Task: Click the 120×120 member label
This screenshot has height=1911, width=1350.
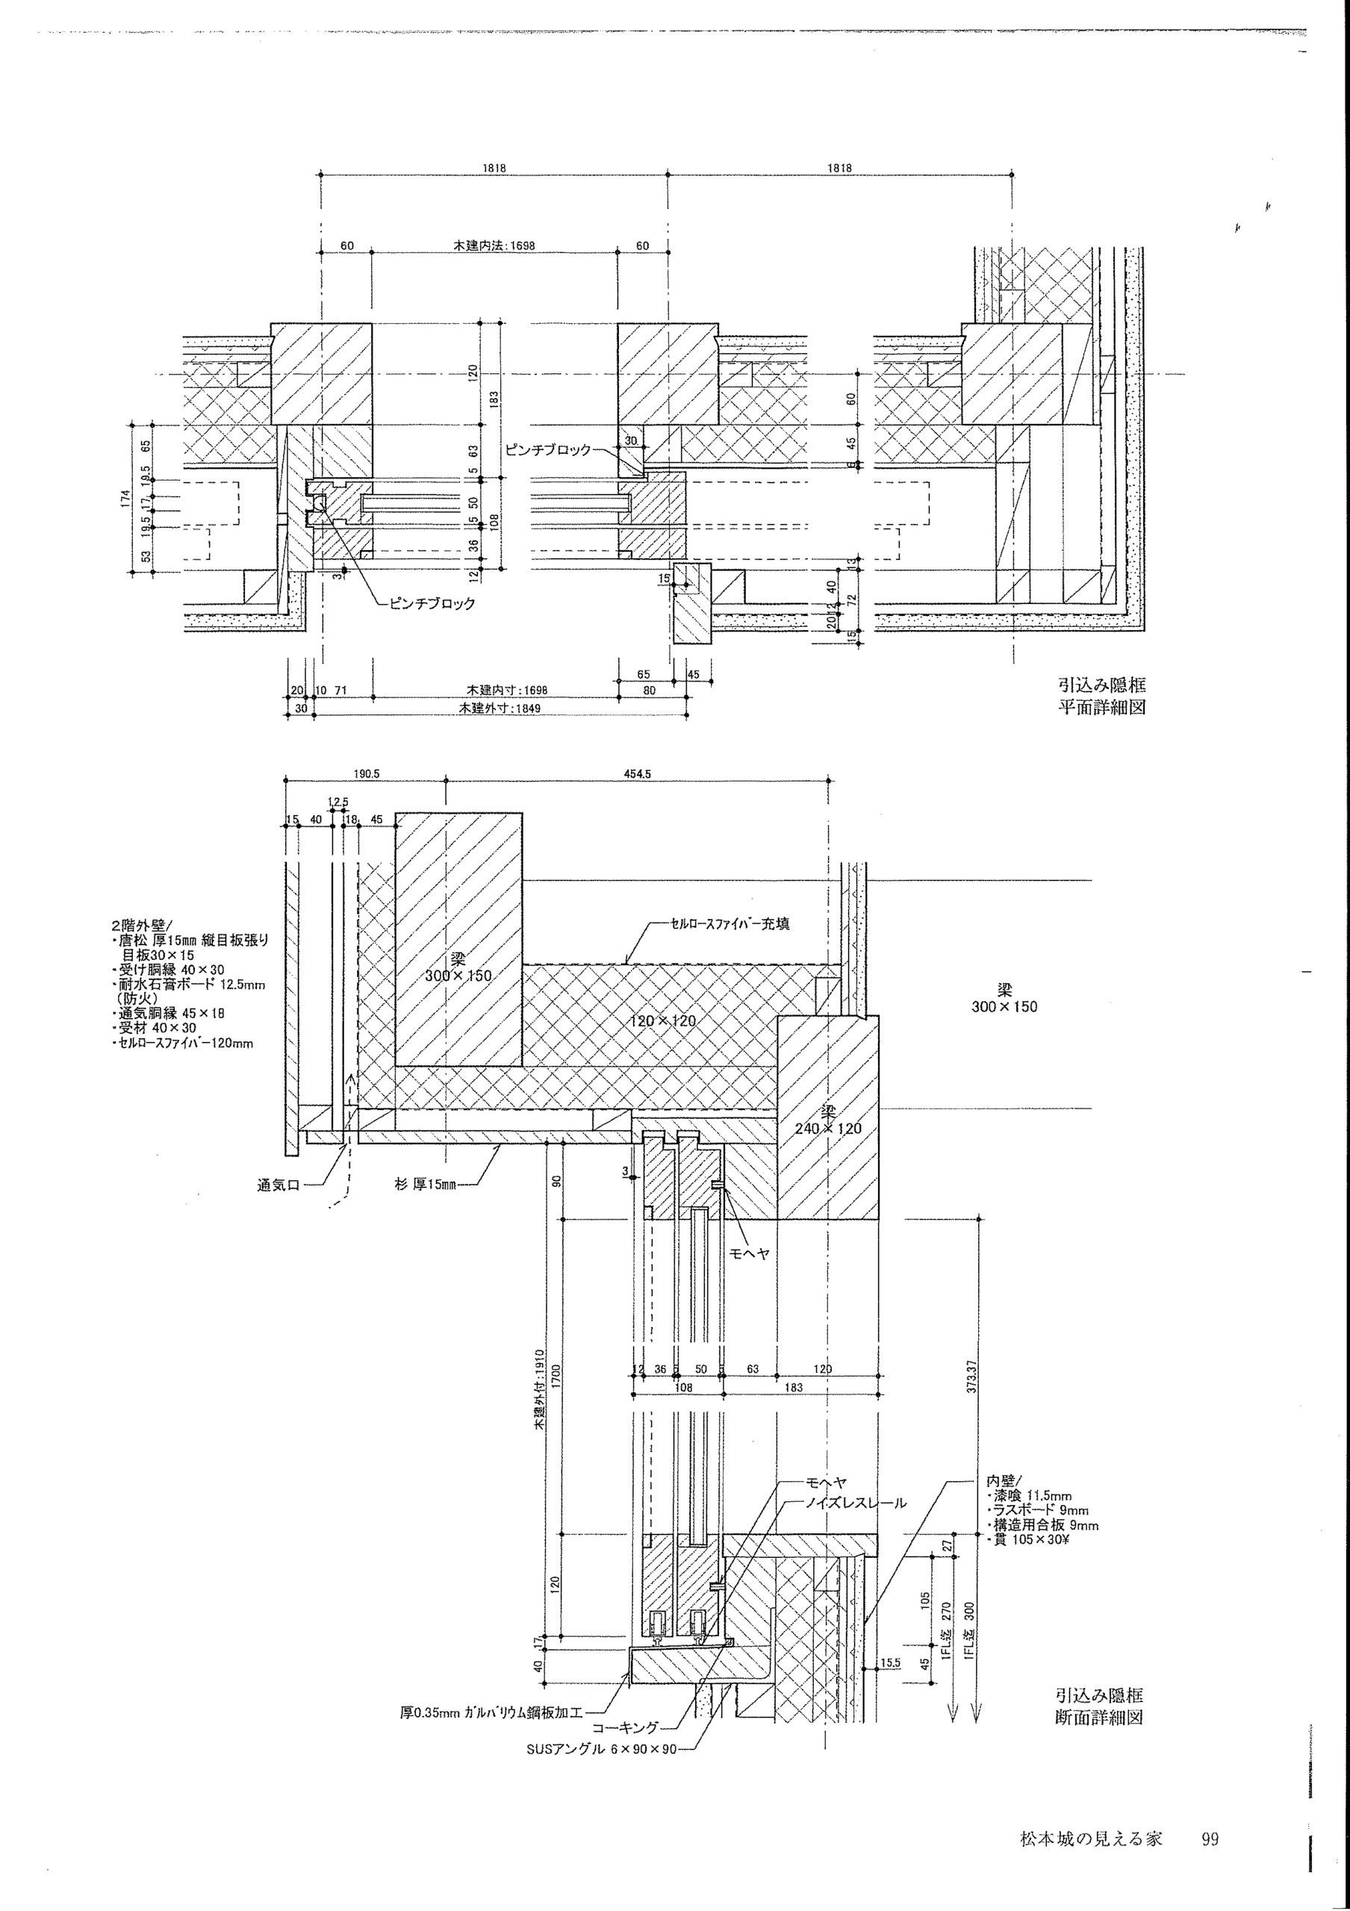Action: coord(662,1020)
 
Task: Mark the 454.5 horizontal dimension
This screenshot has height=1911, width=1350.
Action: coord(638,773)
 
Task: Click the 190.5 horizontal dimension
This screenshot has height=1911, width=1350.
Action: coord(366,773)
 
